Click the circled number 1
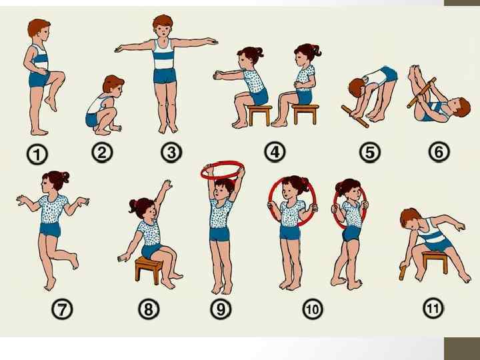coord(37,155)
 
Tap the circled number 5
coord(370,152)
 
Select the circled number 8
coord(149,309)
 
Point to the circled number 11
coord(433,308)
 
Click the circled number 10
coord(313,309)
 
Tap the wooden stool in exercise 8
coord(149,269)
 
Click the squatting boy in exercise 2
coord(104,105)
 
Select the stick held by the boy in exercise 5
coord(355,117)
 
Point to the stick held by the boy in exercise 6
coord(421,93)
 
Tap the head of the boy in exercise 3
coord(163,27)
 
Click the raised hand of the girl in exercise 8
coord(167,185)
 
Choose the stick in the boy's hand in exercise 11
coord(403,273)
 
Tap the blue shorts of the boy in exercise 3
coord(165,76)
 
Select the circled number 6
coord(439,151)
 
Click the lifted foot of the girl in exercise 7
coord(74,261)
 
